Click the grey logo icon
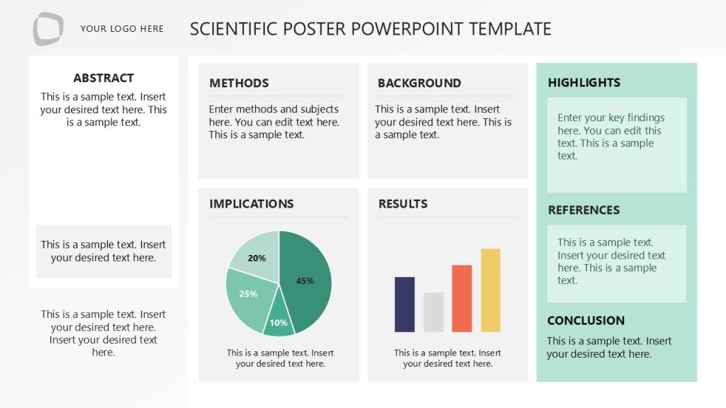(48, 29)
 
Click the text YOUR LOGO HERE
(122, 29)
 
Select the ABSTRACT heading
(104, 78)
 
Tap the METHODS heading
(239, 83)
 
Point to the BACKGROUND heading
(419, 83)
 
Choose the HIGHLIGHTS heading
(584, 83)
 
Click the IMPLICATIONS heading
(251, 204)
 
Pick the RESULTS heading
(403, 204)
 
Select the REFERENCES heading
(583, 210)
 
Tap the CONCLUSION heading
(586, 320)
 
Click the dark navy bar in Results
(404, 305)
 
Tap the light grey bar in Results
(433, 312)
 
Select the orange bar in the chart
(462, 298)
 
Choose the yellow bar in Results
(491, 290)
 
